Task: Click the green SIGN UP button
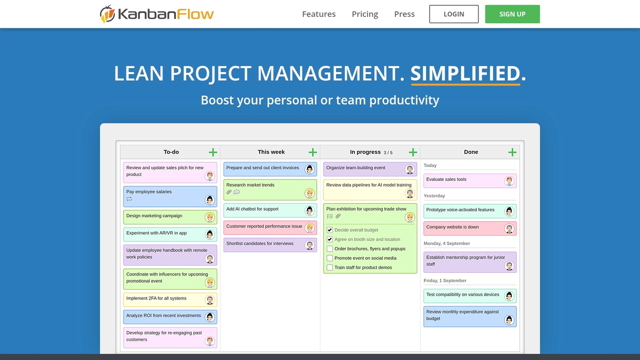(512, 14)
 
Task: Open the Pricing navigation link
(365, 14)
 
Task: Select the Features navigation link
(319, 14)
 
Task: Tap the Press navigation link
(404, 14)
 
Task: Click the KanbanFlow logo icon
(107, 14)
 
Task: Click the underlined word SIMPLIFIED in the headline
(465, 74)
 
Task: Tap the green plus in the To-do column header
(213, 152)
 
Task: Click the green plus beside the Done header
(512, 152)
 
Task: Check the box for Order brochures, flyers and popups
(330, 249)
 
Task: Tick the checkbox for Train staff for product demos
(330, 268)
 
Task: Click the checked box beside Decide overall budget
(330, 230)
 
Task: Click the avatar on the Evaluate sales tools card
(509, 181)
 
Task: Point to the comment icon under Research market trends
(236, 192)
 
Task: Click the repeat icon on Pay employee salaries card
(129, 199)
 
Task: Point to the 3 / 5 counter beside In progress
(388, 153)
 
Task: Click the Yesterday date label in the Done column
(434, 196)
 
